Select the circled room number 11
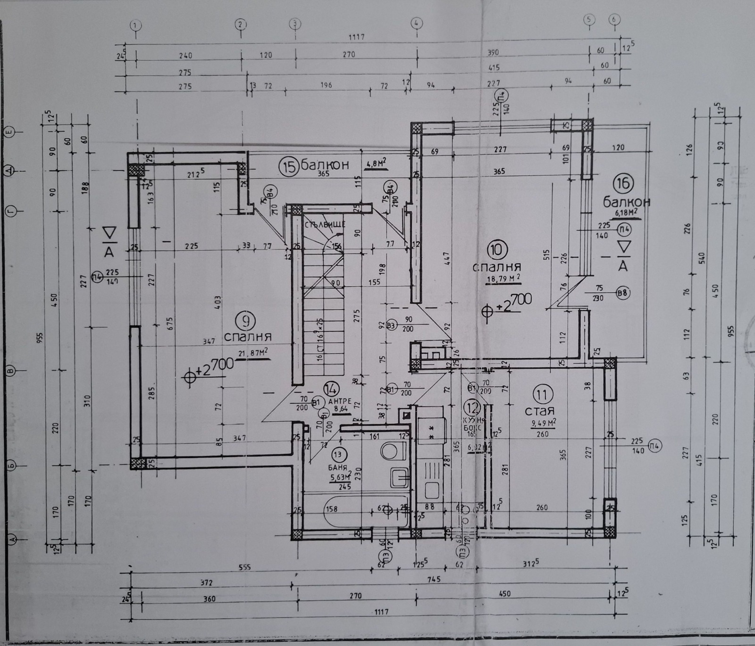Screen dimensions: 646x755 542,393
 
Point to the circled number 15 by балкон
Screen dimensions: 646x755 287,166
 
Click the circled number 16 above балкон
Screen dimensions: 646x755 623,183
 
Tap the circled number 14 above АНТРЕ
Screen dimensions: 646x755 331,389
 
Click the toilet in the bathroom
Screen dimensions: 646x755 391,450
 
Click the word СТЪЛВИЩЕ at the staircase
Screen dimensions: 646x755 325,225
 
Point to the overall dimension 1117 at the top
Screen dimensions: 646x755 356,37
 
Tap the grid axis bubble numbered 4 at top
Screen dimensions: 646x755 416,22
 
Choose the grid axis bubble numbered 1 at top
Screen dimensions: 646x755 136,24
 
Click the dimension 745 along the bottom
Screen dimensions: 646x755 433,579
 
